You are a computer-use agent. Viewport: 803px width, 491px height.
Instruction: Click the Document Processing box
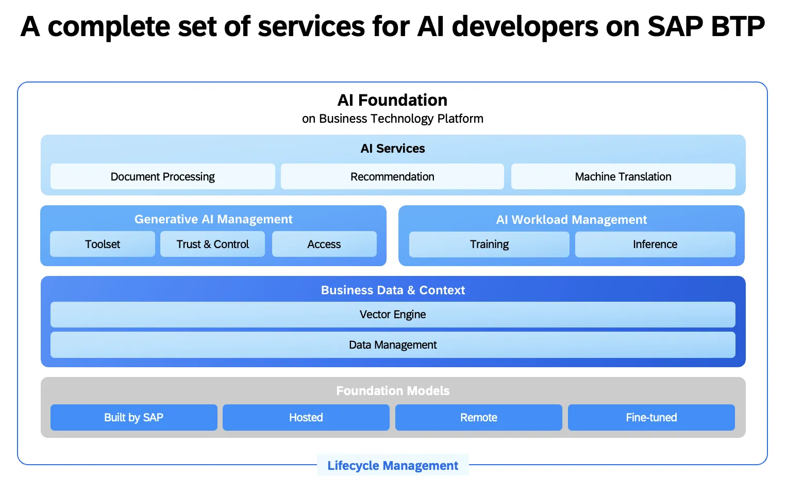click(162, 176)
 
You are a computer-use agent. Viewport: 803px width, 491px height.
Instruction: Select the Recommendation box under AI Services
click(392, 176)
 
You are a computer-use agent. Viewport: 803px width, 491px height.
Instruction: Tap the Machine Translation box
click(623, 176)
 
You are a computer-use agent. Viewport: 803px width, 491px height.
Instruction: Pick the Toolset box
click(102, 244)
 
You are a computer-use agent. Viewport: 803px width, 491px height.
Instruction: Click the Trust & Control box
click(212, 244)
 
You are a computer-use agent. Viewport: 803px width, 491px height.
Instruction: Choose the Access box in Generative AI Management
click(324, 244)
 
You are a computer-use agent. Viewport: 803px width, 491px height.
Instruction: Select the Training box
click(489, 244)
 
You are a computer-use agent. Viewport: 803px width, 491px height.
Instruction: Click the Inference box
click(655, 244)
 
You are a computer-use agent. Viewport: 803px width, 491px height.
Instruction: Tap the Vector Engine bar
click(393, 315)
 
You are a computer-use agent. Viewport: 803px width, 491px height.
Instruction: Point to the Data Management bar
click(393, 345)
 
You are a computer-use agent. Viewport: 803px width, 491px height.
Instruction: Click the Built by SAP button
click(133, 417)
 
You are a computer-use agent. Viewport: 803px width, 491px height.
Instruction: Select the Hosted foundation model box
click(306, 417)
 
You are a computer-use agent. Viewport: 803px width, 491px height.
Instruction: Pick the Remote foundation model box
click(478, 417)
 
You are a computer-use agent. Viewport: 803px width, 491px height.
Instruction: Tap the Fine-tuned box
click(651, 417)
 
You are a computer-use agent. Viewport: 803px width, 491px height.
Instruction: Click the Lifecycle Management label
click(393, 465)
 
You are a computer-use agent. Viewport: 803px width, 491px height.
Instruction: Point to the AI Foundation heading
click(392, 100)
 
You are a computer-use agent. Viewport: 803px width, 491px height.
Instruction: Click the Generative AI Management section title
click(213, 219)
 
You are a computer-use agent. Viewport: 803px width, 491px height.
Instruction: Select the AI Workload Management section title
click(571, 220)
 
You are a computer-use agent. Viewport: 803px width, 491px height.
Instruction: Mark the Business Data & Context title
click(393, 290)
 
